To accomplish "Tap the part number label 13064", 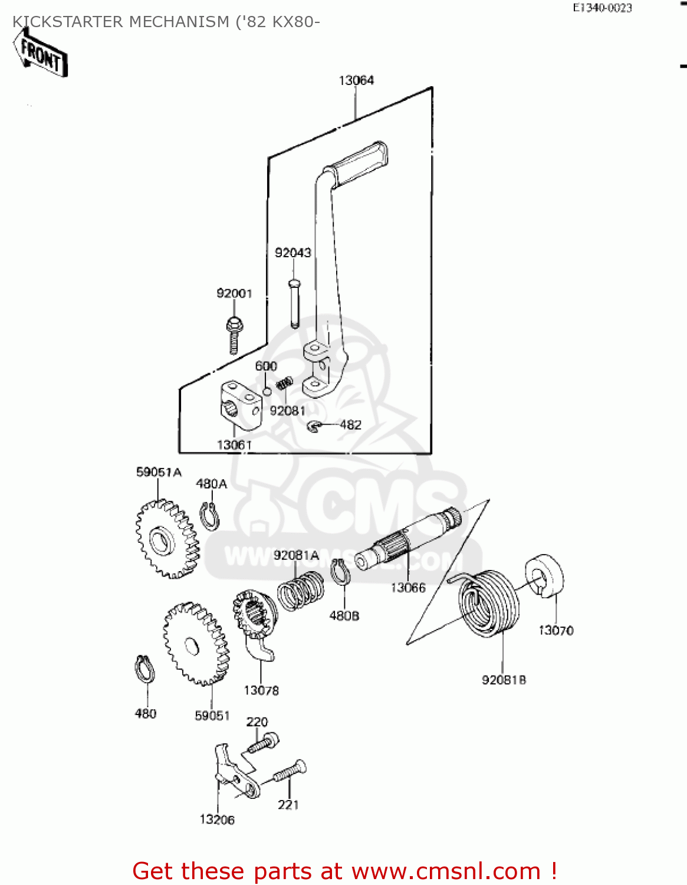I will tap(356, 80).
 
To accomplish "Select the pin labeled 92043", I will tap(294, 303).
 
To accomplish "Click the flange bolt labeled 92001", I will tap(234, 335).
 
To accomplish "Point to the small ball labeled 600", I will tap(267, 392).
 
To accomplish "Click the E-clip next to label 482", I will tap(315, 425).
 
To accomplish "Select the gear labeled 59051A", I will tap(167, 539).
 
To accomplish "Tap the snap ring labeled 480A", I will tap(209, 517).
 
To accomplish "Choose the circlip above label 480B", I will tap(340, 572).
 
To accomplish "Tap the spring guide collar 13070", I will tap(545, 576).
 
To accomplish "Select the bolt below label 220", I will tap(263, 742).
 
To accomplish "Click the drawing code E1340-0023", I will tap(602, 8).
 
